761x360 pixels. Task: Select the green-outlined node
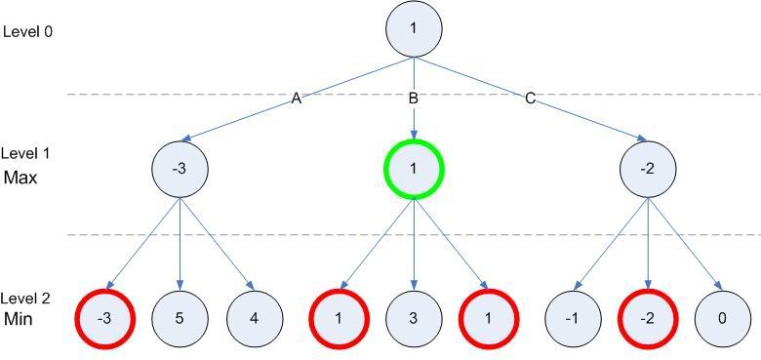coord(414,170)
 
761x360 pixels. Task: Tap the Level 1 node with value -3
coord(180,170)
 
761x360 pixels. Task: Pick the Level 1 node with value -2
coord(648,170)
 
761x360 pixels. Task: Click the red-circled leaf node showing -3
coord(104,318)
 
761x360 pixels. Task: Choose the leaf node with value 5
coord(180,318)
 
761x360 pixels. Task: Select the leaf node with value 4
coord(255,318)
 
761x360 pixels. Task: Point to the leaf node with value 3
coord(414,318)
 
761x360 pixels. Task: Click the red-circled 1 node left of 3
coord(339,318)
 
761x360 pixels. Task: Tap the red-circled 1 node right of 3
coord(489,318)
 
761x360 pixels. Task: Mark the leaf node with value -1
coord(573,318)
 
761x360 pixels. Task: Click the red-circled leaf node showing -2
coord(648,318)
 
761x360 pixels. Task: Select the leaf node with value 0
coord(723,318)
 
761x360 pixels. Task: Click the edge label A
coord(297,99)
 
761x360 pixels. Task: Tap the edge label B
coord(414,99)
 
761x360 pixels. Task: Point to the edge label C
coord(530,99)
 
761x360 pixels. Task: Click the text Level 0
coord(27,32)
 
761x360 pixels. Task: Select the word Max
coord(20,178)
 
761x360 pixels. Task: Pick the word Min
coord(19,319)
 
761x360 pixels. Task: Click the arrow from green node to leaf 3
coord(414,244)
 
